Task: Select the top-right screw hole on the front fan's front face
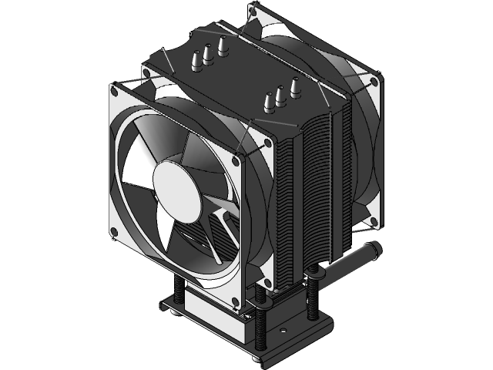(268, 143)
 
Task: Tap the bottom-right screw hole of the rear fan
(373, 222)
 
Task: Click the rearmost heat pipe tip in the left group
(224, 44)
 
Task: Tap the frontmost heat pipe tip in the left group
(195, 59)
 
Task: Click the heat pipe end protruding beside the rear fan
(375, 251)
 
